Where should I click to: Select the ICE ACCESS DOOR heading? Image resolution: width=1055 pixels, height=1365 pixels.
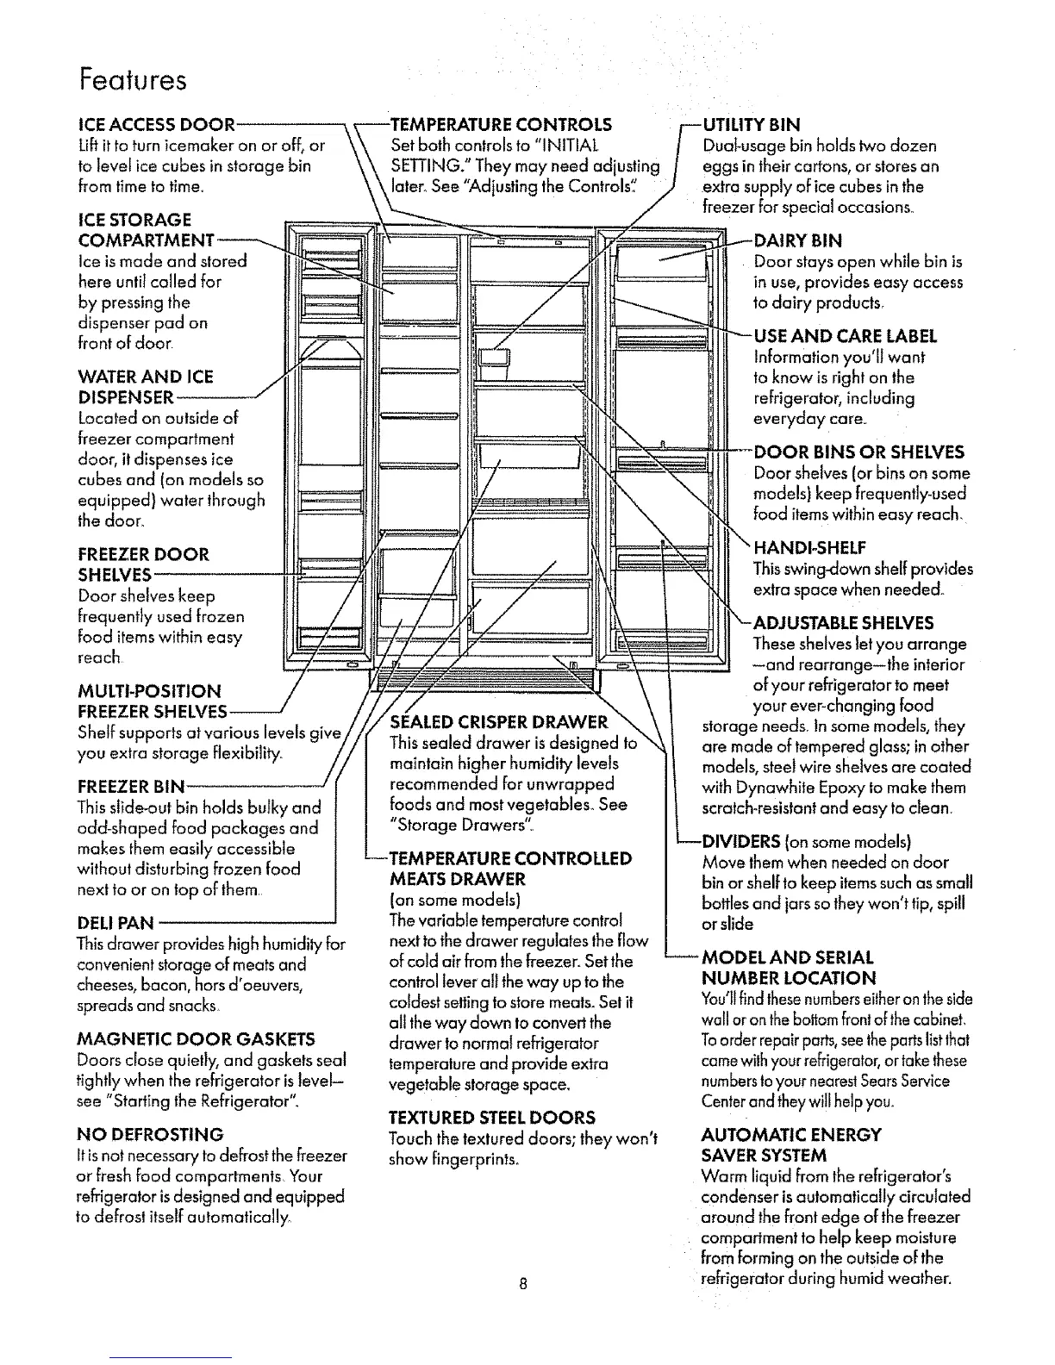[156, 124]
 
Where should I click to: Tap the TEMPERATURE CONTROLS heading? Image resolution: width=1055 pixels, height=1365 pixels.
[501, 124]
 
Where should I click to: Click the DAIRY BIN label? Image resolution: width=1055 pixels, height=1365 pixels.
[798, 240]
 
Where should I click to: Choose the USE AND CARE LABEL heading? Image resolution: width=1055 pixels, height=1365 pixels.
[845, 336]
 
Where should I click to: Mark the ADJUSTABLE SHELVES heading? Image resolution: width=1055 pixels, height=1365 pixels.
[843, 623]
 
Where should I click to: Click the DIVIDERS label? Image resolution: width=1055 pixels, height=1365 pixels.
[742, 842]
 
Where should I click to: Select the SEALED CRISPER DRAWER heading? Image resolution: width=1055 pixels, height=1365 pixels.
[499, 722]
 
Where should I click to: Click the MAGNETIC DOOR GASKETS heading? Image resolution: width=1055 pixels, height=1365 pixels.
[196, 1038]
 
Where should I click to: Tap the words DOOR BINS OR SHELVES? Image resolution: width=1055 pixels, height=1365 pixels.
[858, 452]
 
